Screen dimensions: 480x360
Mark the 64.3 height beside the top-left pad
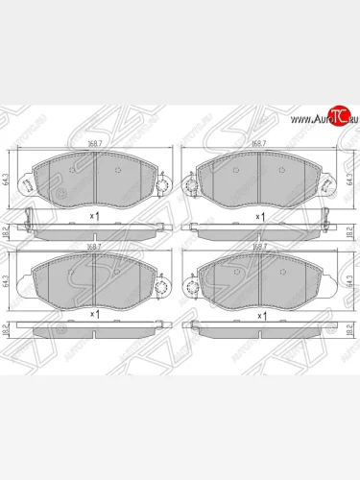[9, 178]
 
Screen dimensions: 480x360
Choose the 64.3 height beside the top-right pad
[351, 178]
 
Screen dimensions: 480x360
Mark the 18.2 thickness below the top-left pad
[9, 231]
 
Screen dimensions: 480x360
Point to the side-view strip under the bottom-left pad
[96, 329]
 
